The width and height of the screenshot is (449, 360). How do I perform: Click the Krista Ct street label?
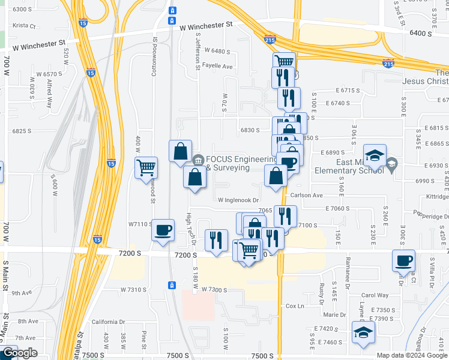click(x=25, y=26)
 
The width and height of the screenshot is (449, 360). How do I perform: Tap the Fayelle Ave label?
click(x=217, y=66)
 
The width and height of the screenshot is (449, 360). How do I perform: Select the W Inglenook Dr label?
click(x=238, y=200)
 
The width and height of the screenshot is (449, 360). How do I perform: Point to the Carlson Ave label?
click(x=306, y=196)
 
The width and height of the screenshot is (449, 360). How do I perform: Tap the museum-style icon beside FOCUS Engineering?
click(x=198, y=160)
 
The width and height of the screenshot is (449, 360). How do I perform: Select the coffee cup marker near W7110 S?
click(x=163, y=230)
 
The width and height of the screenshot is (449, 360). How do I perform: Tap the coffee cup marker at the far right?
click(x=403, y=261)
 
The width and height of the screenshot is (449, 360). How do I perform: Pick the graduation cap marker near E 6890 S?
click(x=374, y=156)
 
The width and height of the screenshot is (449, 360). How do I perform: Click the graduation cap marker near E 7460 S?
click(x=363, y=332)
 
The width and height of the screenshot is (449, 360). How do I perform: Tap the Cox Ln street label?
click(x=295, y=306)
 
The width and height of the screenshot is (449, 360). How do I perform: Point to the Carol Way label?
click(x=375, y=295)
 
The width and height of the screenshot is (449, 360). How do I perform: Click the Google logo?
click(x=19, y=353)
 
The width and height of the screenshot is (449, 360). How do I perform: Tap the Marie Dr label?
click(x=335, y=314)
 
